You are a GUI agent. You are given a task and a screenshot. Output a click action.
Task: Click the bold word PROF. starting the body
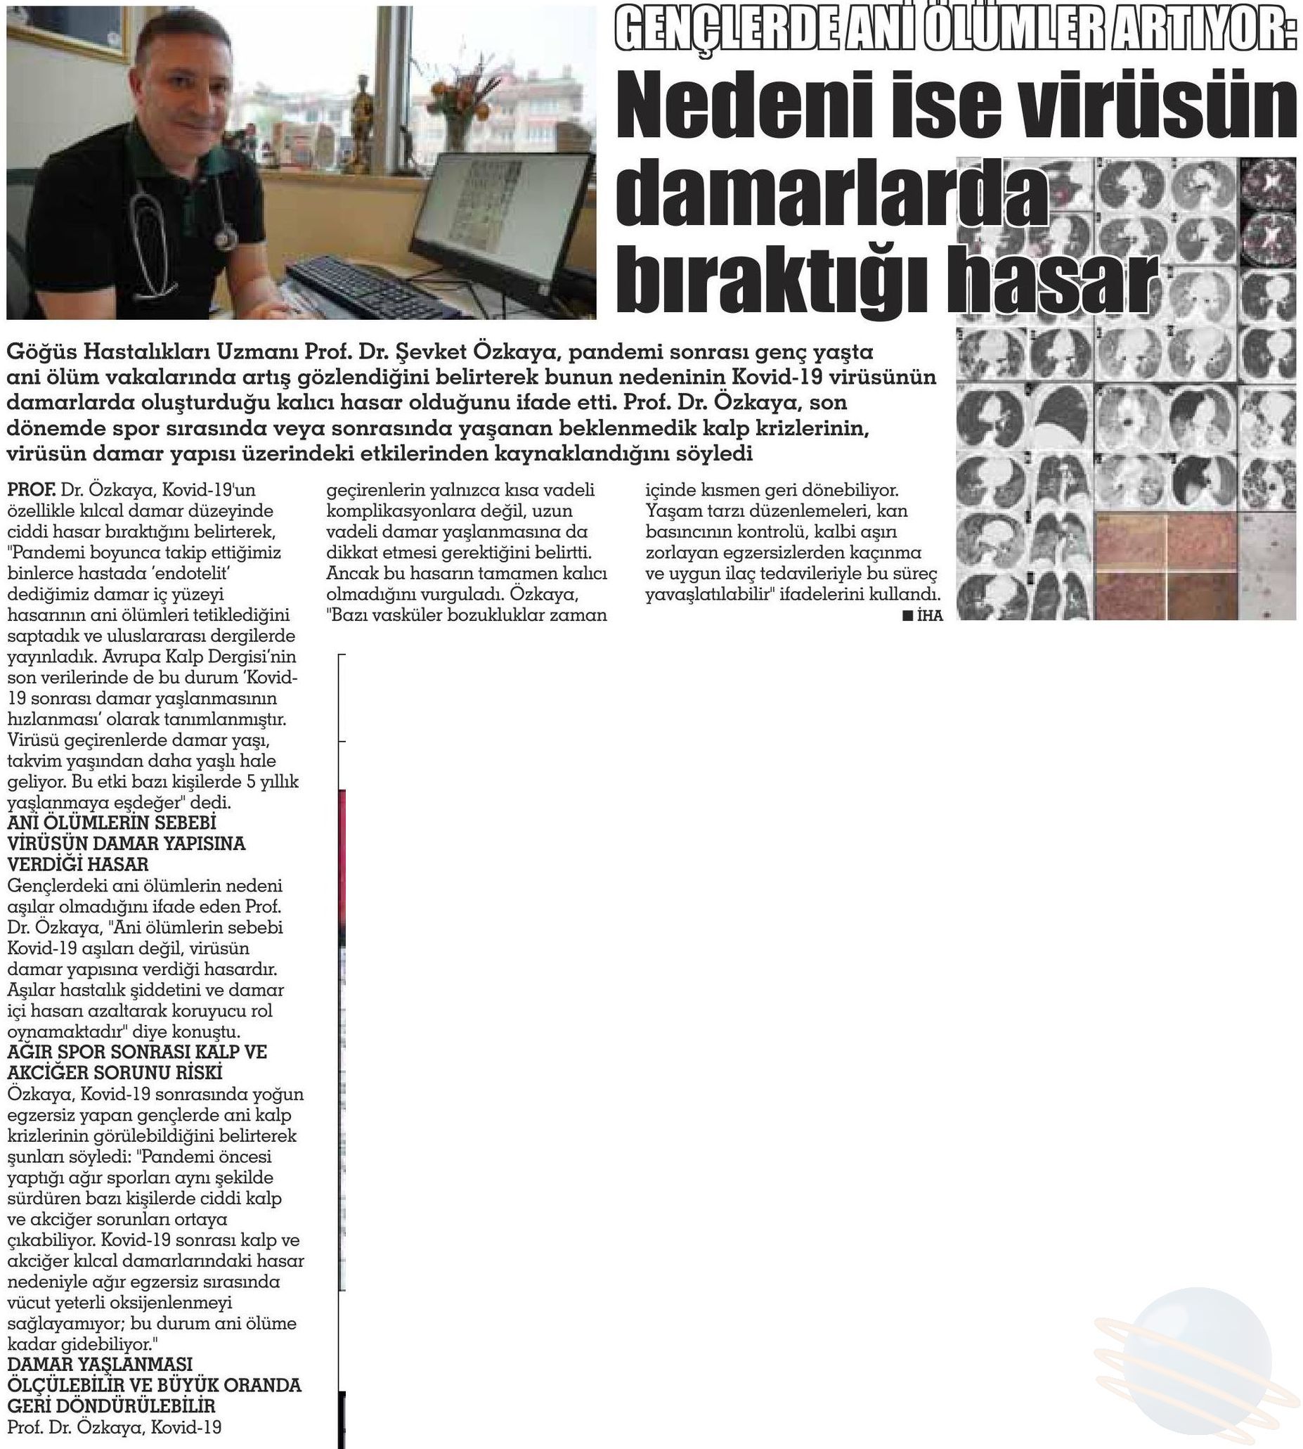tap(32, 491)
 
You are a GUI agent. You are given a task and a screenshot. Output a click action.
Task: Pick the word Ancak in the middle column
tap(351, 574)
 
